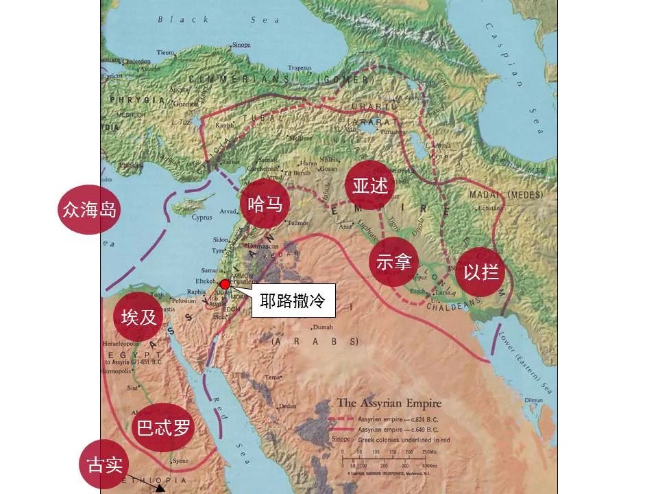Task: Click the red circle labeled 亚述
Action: tap(371, 186)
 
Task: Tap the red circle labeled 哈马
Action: tap(265, 204)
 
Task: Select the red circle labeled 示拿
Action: tap(393, 262)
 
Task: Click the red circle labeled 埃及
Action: tap(139, 316)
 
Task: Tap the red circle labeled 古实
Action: tap(105, 464)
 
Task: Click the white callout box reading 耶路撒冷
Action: tap(293, 300)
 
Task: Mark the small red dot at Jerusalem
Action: tap(224, 284)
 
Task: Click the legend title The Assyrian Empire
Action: tap(389, 403)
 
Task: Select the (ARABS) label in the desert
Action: tap(315, 341)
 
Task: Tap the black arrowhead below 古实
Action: tap(160, 489)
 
